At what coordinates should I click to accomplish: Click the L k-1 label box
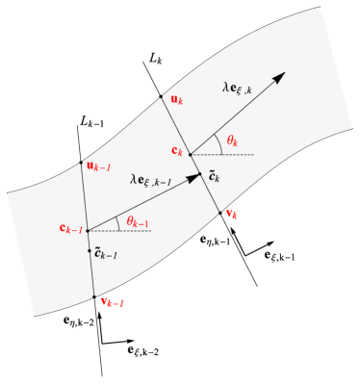pyautogui.click(x=93, y=122)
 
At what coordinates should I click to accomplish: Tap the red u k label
pyautogui.click(x=175, y=99)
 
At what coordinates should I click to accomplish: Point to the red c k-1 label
pyautogui.click(x=71, y=229)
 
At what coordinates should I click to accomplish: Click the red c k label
pyautogui.click(x=177, y=150)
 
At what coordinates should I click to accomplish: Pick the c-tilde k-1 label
pyautogui.click(x=105, y=254)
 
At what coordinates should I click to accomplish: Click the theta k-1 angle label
pyautogui.click(x=137, y=223)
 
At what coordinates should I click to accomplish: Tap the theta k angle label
pyautogui.click(x=232, y=141)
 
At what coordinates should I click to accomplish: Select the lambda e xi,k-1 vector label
pyautogui.click(x=151, y=180)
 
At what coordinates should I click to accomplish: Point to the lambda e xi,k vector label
pyautogui.click(x=237, y=88)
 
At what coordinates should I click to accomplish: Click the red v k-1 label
pyautogui.click(x=113, y=303)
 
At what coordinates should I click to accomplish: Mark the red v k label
pyautogui.click(x=231, y=214)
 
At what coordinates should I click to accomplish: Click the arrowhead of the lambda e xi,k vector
pyautogui.click(x=279, y=77)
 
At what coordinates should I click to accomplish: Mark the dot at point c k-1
pyautogui.click(x=88, y=230)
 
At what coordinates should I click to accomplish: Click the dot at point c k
pyautogui.click(x=190, y=153)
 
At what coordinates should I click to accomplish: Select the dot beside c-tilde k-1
pyautogui.click(x=90, y=250)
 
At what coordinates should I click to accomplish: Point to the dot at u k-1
pyautogui.click(x=82, y=164)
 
